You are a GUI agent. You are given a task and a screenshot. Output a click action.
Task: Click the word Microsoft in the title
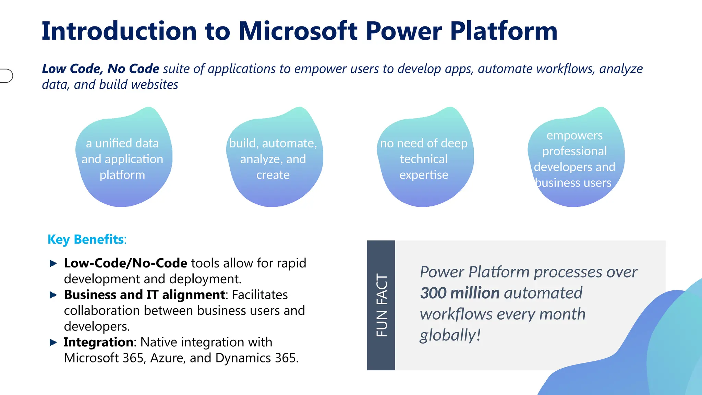click(x=298, y=31)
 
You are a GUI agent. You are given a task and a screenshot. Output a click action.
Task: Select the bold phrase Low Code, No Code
click(x=100, y=69)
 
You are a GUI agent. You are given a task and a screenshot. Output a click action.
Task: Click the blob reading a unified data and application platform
click(x=123, y=158)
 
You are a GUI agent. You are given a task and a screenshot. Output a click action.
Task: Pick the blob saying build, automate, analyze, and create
click(x=273, y=158)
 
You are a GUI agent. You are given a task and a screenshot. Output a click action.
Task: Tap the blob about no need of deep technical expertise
click(x=424, y=158)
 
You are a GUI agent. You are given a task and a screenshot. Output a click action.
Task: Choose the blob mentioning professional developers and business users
click(x=575, y=158)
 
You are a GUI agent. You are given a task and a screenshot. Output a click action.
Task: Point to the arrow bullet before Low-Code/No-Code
click(x=53, y=263)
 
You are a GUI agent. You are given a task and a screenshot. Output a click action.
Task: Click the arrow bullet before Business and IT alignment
click(x=53, y=295)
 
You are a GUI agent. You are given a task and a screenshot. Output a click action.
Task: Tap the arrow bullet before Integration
click(x=53, y=342)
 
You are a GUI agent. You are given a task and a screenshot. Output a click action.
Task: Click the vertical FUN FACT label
click(x=381, y=305)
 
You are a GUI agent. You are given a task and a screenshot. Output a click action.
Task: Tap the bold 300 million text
click(x=460, y=293)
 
